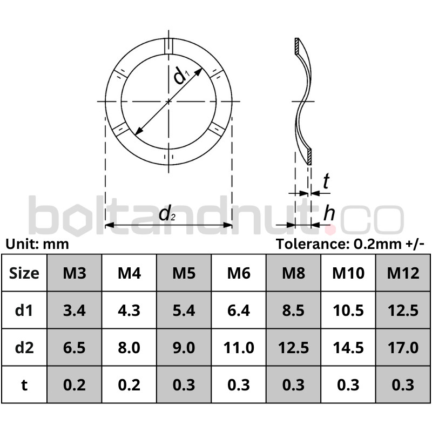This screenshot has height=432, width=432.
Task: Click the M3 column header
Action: click(x=75, y=273)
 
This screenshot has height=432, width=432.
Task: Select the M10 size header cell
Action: click(x=348, y=273)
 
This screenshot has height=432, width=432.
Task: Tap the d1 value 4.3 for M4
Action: click(x=129, y=310)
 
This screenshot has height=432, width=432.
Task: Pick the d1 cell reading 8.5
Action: click(x=293, y=310)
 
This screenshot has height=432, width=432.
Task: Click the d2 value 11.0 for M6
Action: click(x=239, y=347)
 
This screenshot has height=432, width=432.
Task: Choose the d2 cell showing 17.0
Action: click(x=403, y=347)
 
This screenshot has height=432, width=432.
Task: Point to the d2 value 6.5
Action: click(x=75, y=347)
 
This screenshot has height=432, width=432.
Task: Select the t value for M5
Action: click(x=184, y=384)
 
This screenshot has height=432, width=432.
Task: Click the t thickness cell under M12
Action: click(x=403, y=384)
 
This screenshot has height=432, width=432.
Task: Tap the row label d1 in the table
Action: click(x=24, y=310)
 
